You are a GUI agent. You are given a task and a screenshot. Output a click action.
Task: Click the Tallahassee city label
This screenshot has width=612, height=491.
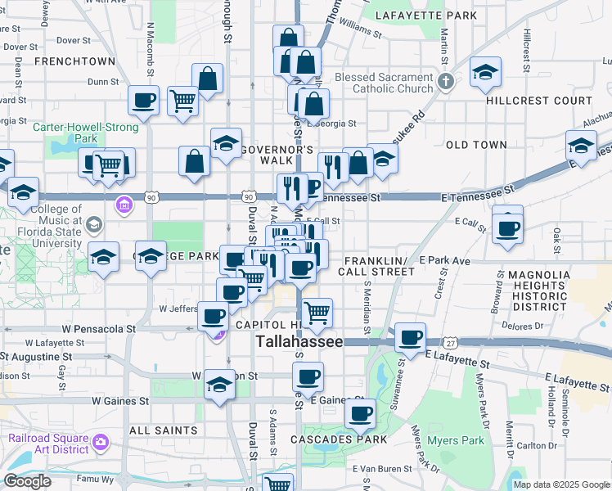point(299,342)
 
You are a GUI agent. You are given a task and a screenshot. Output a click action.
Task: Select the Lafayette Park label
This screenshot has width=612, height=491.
point(426,16)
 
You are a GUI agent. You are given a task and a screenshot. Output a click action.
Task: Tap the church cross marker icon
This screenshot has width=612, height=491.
point(445,81)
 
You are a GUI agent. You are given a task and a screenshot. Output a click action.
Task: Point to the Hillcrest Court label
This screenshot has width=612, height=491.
point(538,101)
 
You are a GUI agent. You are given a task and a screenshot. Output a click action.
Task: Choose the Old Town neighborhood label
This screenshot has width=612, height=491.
point(476,145)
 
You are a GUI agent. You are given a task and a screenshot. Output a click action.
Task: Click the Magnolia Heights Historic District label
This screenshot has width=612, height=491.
point(538,291)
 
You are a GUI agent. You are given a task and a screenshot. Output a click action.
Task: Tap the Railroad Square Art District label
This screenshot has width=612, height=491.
point(49,443)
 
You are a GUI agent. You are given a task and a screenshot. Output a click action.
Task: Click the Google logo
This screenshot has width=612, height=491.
point(27,481)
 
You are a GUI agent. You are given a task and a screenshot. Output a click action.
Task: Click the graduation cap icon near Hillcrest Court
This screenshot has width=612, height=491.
point(485,72)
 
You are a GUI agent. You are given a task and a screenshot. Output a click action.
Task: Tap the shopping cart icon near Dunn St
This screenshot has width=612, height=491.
point(182,101)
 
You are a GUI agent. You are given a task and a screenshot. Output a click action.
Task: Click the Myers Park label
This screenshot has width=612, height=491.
point(456,440)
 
